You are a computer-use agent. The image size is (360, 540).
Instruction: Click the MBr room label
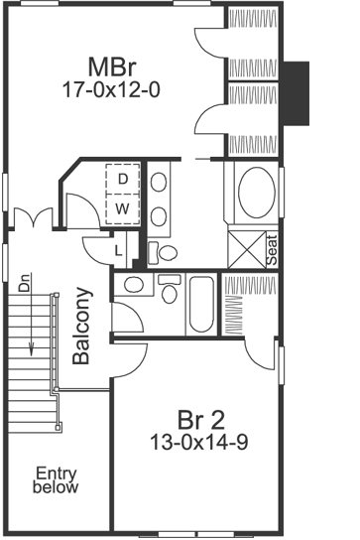pyautogui.click(x=106, y=67)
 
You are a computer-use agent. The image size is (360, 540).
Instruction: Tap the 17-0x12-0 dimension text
pyautogui.click(x=106, y=88)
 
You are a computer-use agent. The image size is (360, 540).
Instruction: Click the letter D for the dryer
pyautogui.click(x=123, y=179)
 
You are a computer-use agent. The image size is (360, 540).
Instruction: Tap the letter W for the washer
pyautogui.click(x=123, y=208)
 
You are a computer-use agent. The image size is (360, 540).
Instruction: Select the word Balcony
pyautogui.click(x=83, y=327)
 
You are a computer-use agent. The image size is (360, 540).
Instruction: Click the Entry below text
pyautogui.click(x=57, y=480)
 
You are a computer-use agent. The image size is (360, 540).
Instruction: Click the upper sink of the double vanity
pyautogui.click(x=159, y=183)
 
